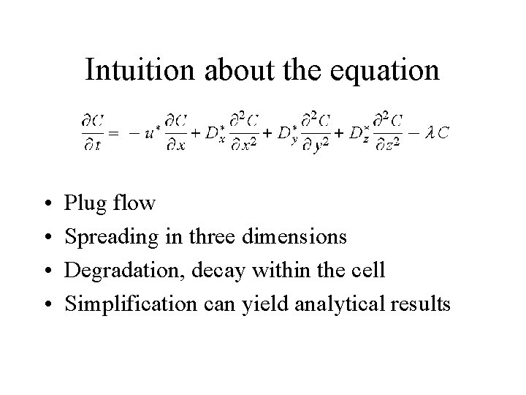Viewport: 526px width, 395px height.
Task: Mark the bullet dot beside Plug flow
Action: coord(46,203)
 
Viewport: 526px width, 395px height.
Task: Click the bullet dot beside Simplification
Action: coord(46,305)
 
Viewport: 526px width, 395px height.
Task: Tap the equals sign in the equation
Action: coord(114,134)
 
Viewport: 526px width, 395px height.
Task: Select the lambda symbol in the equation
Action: coord(431,133)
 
